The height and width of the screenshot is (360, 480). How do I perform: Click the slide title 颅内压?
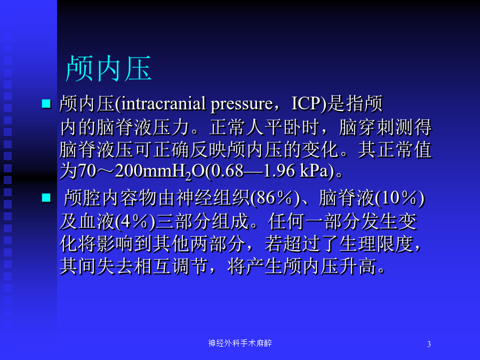pyautogui.click(x=109, y=68)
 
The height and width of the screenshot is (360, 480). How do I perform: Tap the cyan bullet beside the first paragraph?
pyautogui.click(x=46, y=103)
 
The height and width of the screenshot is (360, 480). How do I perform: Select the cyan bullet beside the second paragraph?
pyautogui.click(x=46, y=198)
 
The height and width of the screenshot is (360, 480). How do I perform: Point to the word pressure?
pyautogui.click(x=242, y=105)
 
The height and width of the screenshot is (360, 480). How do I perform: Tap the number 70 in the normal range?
pyautogui.click(x=87, y=171)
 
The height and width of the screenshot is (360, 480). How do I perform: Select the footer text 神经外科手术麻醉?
pyautogui.click(x=240, y=343)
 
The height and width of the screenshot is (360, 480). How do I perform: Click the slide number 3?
pyautogui.click(x=429, y=344)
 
